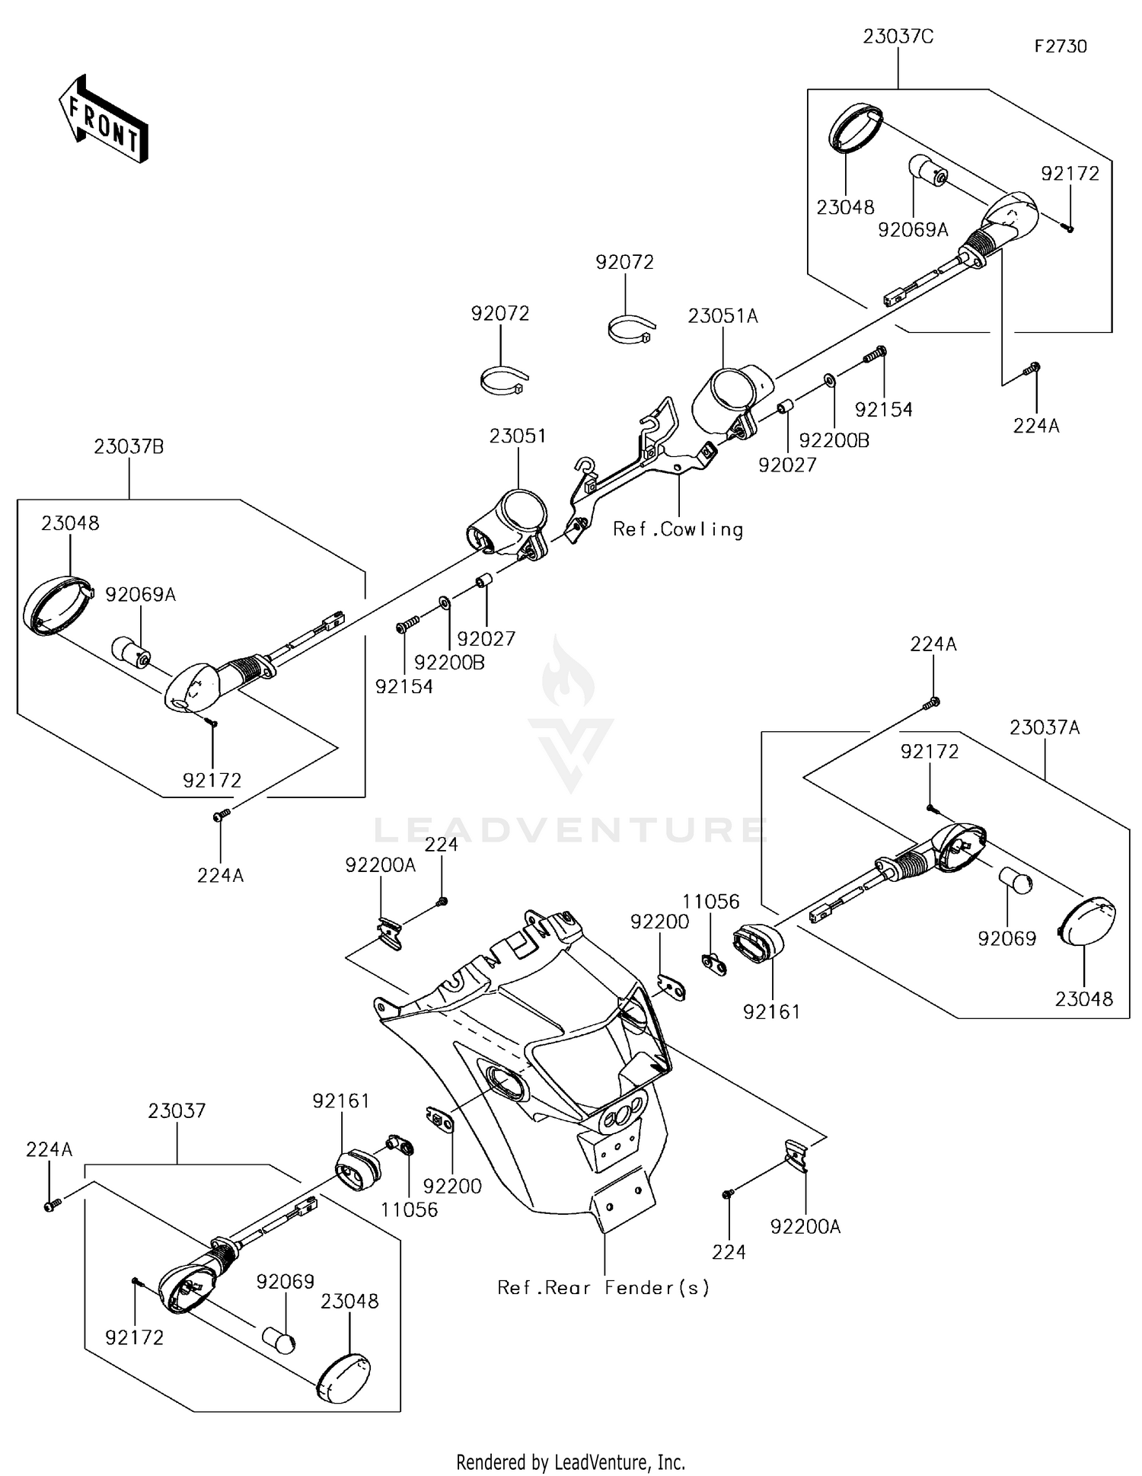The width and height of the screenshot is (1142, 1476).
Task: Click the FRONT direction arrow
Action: (104, 121)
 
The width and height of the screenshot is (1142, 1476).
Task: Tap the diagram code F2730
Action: (1060, 46)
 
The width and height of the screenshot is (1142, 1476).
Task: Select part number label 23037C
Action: (898, 37)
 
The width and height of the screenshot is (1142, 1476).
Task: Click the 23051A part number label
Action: (723, 316)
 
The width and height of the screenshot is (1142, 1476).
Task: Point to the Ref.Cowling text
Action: (678, 529)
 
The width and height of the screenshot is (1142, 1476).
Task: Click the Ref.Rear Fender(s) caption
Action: (603, 1287)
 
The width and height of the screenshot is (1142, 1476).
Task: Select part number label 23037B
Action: (129, 447)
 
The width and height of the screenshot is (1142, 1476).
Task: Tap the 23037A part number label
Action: (1045, 727)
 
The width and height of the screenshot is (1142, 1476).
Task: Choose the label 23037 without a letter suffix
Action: (177, 1111)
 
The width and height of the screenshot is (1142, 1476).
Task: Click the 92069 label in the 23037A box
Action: (1006, 938)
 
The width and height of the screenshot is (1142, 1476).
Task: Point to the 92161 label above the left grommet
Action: (340, 1101)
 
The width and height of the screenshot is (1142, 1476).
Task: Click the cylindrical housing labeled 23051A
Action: (727, 396)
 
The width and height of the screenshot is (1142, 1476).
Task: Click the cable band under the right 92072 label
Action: (631, 330)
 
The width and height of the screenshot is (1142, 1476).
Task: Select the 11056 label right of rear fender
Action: (710, 903)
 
